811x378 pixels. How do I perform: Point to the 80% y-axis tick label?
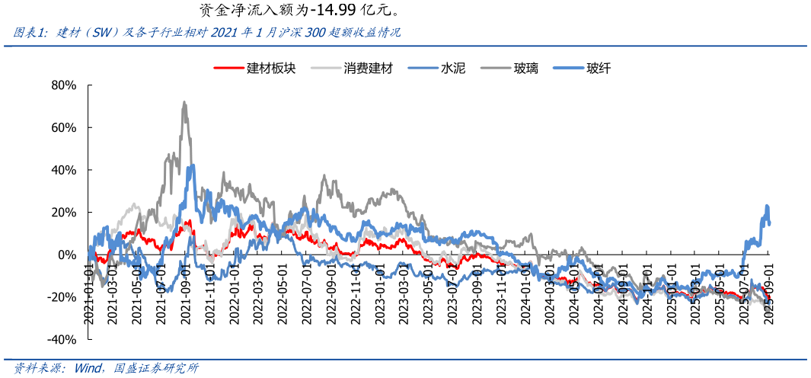click(63, 85)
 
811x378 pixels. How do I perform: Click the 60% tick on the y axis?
click(63, 127)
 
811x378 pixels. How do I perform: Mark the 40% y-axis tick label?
click(63, 170)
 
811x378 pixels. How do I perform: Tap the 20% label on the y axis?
click(63, 212)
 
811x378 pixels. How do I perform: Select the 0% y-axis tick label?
click(66, 255)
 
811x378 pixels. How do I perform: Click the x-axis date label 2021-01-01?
click(89, 293)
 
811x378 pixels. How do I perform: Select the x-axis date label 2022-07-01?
click(307, 293)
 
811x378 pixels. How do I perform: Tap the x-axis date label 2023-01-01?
click(380, 293)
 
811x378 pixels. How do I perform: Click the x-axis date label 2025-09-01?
click(768, 293)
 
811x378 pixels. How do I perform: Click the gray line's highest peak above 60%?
click(184, 102)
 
